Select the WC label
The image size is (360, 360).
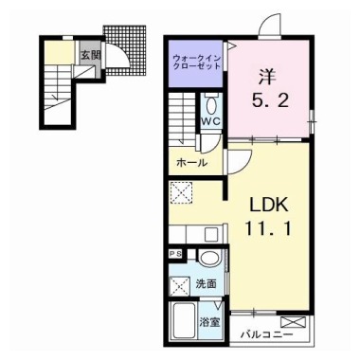coord(210,122)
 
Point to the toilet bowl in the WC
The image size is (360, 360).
coord(210,103)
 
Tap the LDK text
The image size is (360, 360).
coord(267,205)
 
